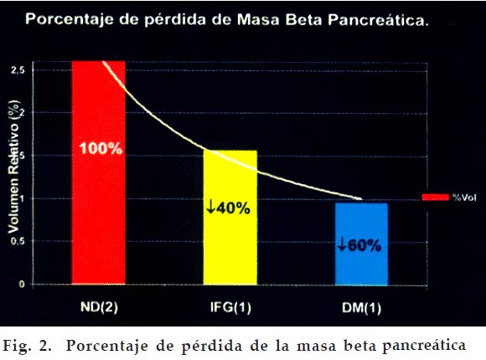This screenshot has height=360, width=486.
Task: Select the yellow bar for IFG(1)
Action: (230, 243)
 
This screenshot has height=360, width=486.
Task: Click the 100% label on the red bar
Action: (101, 150)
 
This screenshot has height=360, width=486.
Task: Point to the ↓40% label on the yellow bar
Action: (229, 208)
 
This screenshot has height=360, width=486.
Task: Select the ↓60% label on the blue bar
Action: (359, 246)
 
